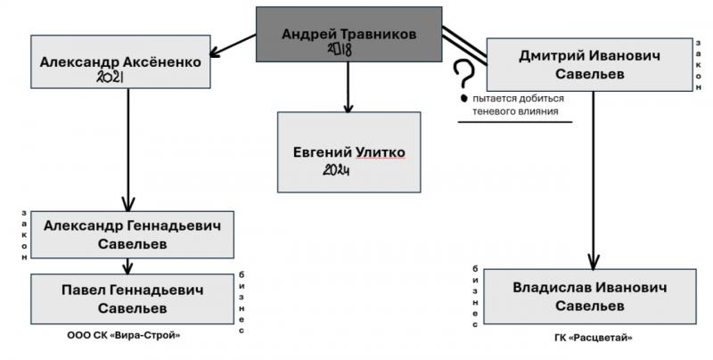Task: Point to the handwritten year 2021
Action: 114,78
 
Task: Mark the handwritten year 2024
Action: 334,169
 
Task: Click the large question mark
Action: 462,76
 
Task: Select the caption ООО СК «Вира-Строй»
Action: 130,334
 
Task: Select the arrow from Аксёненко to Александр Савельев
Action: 129,147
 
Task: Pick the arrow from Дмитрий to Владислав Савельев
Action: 591,178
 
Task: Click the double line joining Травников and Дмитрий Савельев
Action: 463,45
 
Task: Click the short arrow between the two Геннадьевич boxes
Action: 129,265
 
